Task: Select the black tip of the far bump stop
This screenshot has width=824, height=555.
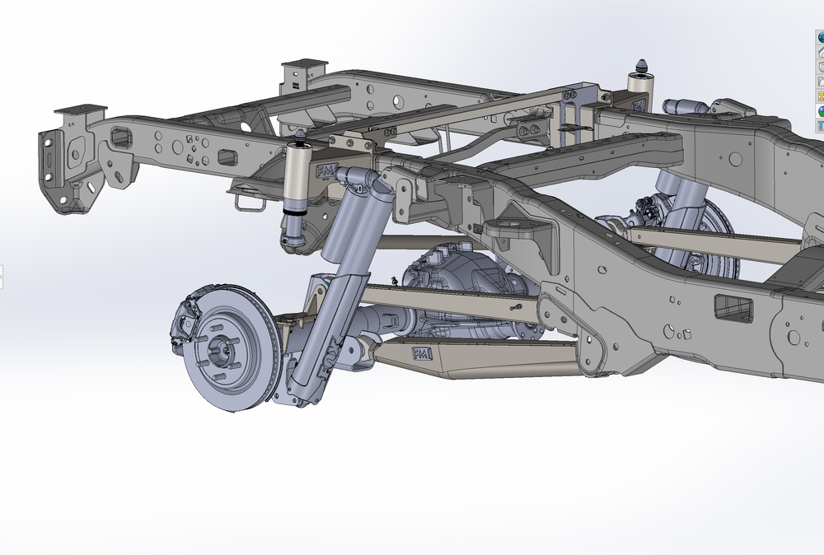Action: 642,65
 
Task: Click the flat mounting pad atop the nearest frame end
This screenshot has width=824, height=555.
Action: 81,110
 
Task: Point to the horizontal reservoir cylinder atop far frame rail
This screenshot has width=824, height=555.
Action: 684,106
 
